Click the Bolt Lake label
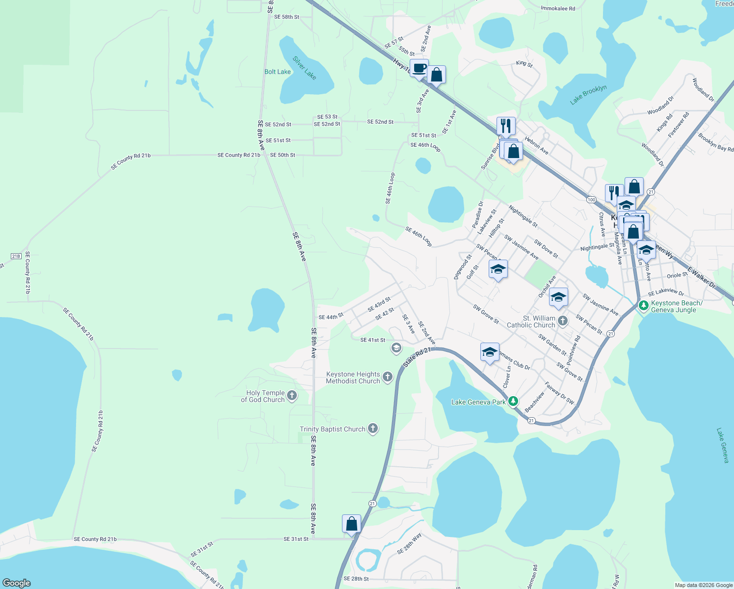[x=277, y=72]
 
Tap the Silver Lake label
[x=304, y=68]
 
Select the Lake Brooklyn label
[x=588, y=95]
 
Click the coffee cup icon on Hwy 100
[x=419, y=68]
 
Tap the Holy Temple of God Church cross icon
[x=292, y=396]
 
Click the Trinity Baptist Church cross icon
[x=373, y=428]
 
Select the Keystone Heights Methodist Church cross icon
[x=388, y=377]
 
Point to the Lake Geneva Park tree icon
[x=513, y=402]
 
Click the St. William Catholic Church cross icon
[x=563, y=321]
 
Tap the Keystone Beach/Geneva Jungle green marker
[x=644, y=306]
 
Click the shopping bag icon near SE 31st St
[x=351, y=524]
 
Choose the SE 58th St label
[x=287, y=17]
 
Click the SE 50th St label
[x=283, y=155]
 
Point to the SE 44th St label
[x=331, y=317]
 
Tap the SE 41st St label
[x=372, y=340]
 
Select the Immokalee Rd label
[x=557, y=8]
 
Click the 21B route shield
[x=16, y=256]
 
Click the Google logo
[x=17, y=583]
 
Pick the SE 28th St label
[x=356, y=579]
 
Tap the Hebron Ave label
[x=536, y=146]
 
